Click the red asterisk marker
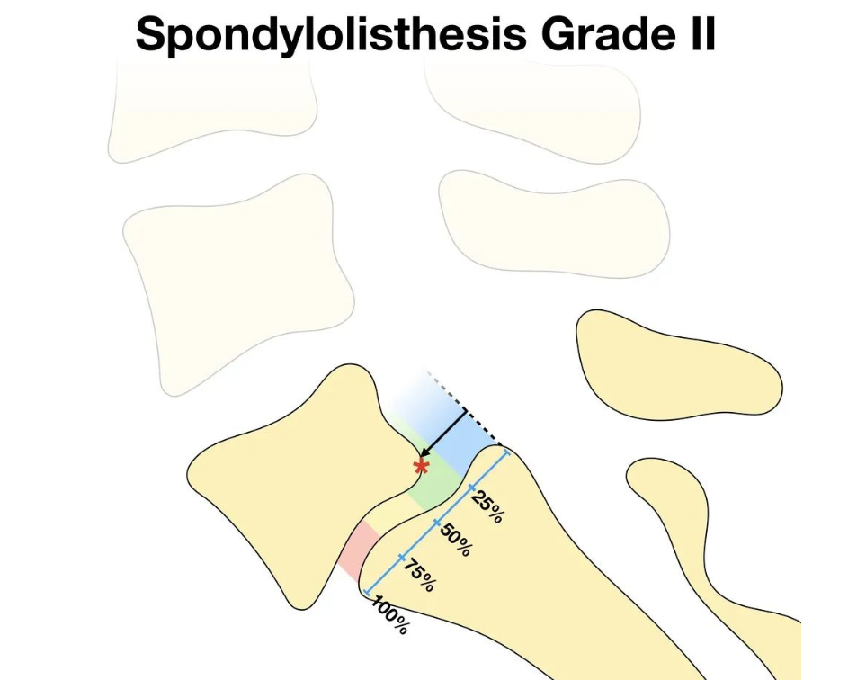point(421,466)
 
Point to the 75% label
point(418,575)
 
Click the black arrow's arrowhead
point(427,456)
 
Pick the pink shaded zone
point(353,550)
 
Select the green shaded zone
point(429,486)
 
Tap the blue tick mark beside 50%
point(436,523)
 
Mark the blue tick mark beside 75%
point(400,558)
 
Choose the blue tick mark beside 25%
point(471,488)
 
